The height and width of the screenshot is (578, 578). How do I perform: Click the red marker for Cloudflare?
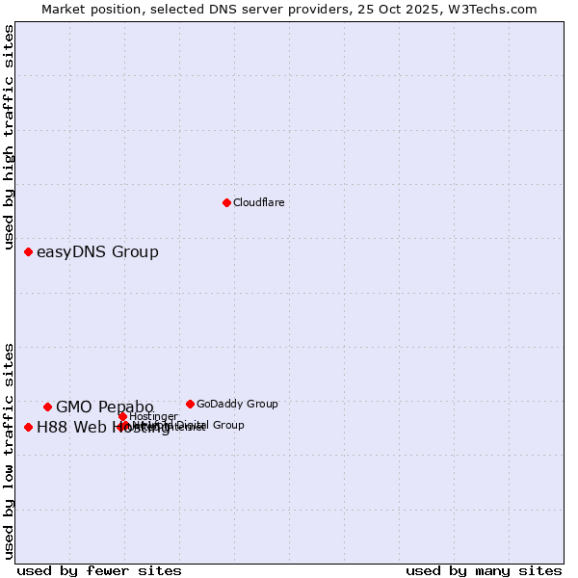[226, 202]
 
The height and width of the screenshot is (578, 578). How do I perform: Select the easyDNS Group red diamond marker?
[28, 252]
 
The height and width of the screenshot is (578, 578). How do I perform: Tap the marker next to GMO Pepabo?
[47, 407]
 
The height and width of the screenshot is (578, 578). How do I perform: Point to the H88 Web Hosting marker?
[28, 427]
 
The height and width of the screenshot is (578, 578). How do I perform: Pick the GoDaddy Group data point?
[190, 404]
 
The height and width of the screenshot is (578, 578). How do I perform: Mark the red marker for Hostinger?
[123, 416]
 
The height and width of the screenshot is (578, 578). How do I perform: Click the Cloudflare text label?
[258, 202]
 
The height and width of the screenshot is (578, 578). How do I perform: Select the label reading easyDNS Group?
[97, 252]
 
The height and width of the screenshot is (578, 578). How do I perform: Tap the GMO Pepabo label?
[104, 407]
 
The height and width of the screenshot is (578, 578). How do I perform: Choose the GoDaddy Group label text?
[237, 404]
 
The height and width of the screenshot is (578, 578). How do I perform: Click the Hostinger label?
[153, 416]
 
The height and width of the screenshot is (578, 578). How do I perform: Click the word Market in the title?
[65, 9]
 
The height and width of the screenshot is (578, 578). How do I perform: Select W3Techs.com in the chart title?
[489, 9]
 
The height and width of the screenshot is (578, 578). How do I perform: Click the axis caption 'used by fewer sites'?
[99, 570]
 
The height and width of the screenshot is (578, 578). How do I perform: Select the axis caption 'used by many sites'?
[484, 570]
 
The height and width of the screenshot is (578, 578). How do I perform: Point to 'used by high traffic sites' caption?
[9, 138]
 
